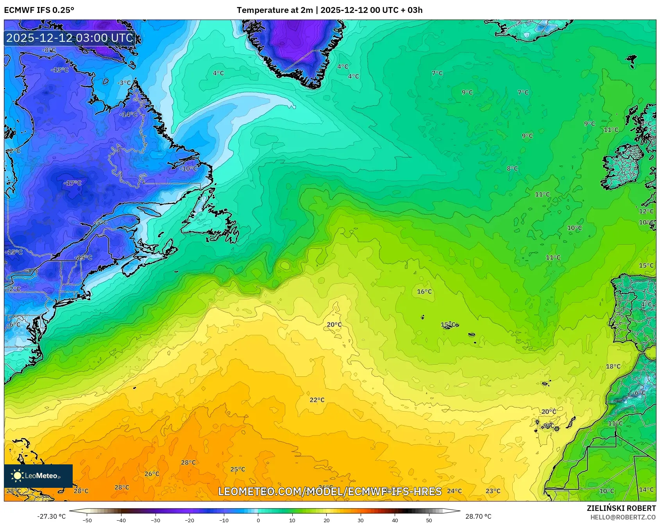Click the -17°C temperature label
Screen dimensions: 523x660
[x=73, y=183]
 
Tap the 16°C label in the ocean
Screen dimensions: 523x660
[x=424, y=292]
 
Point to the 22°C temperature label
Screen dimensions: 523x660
[x=317, y=400]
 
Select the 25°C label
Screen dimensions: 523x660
[x=238, y=469]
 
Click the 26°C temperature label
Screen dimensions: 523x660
[x=152, y=474]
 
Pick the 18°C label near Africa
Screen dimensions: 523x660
[x=613, y=366]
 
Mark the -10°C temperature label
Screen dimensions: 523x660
[x=189, y=168]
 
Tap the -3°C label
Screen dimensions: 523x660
[x=124, y=83]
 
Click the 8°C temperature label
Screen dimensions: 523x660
[x=512, y=168]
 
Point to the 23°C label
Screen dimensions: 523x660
[x=493, y=491]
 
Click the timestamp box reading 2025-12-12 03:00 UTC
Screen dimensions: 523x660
[x=70, y=38]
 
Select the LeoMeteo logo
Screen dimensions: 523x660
[x=38, y=476]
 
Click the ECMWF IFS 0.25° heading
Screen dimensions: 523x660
[x=39, y=10]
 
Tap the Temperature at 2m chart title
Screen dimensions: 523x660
[x=329, y=10]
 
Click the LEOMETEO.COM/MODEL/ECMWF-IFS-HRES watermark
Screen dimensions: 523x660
[x=329, y=491]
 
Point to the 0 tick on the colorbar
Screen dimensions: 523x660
[x=258, y=520]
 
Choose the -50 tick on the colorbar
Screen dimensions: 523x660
[x=87, y=520]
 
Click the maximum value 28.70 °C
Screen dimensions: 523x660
[x=478, y=516]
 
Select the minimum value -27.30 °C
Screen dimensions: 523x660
[x=52, y=516]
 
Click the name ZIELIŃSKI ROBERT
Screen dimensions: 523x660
[x=621, y=508]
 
